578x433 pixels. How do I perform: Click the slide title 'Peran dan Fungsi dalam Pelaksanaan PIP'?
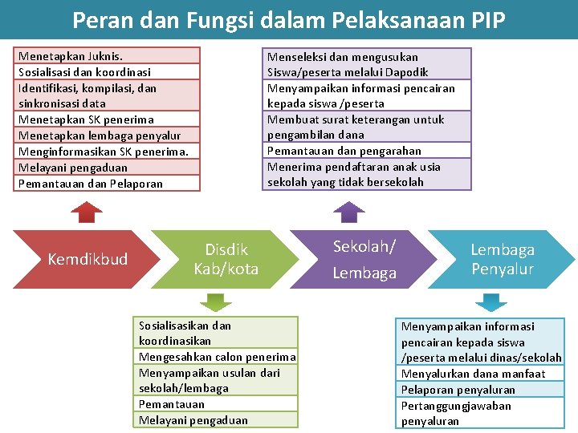pyautogui.click(x=289, y=19)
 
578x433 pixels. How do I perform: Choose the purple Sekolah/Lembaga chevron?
pyautogui.click(x=364, y=259)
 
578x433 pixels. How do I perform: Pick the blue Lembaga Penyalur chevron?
pyautogui.click(x=502, y=259)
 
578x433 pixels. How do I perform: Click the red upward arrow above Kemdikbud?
pyautogui.click(x=87, y=211)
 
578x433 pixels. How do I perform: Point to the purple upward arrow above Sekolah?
pyautogui.click(x=349, y=211)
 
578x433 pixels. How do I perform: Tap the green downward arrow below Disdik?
pyautogui.click(x=214, y=301)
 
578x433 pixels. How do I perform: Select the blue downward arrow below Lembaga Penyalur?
pyautogui.click(x=489, y=302)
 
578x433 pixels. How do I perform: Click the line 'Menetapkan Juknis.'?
pyautogui.click(x=71, y=56)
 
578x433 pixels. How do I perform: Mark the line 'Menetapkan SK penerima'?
pyautogui.click(x=85, y=119)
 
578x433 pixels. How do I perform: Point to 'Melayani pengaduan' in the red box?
pyautogui.click(x=72, y=168)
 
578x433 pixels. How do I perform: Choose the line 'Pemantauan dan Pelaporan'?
pyautogui.click(x=90, y=184)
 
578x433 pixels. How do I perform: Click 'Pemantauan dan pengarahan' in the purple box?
pyautogui.click(x=344, y=151)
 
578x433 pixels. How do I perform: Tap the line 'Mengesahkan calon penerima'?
pyautogui.click(x=217, y=357)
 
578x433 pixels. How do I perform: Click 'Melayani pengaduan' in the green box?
pyautogui.click(x=193, y=420)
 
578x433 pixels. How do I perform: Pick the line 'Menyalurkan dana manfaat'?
pyautogui.click(x=473, y=374)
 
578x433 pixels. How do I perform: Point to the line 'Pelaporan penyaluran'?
pyautogui.click(x=458, y=390)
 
